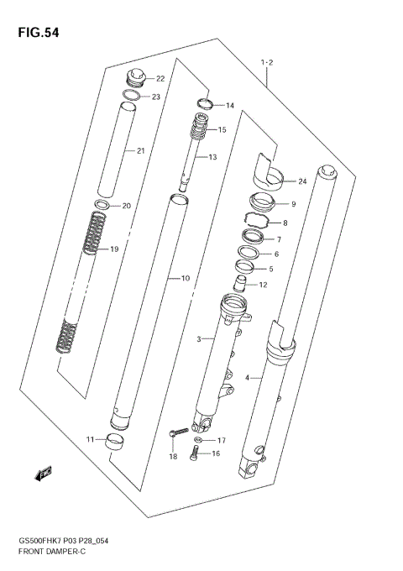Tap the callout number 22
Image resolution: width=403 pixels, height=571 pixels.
tap(160, 79)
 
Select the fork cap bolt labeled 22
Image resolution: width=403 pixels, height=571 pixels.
tap(133, 80)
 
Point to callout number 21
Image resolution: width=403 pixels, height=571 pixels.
tap(141, 151)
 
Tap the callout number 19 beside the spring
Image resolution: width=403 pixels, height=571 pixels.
tap(115, 249)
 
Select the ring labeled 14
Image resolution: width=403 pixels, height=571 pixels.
tap(201, 104)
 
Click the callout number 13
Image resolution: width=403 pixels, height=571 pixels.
tap(212, 157)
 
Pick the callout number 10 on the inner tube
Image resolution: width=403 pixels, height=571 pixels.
tap(185, 277)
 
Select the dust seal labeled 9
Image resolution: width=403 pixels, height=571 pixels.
tap(262, 203)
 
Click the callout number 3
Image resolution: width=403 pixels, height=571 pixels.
tap(200, 338)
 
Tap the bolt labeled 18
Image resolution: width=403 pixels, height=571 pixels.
tap(175, 432)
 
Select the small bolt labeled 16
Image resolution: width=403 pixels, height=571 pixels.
tap(196, 454)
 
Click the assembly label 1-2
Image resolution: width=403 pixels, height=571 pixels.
tap(268, 61)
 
